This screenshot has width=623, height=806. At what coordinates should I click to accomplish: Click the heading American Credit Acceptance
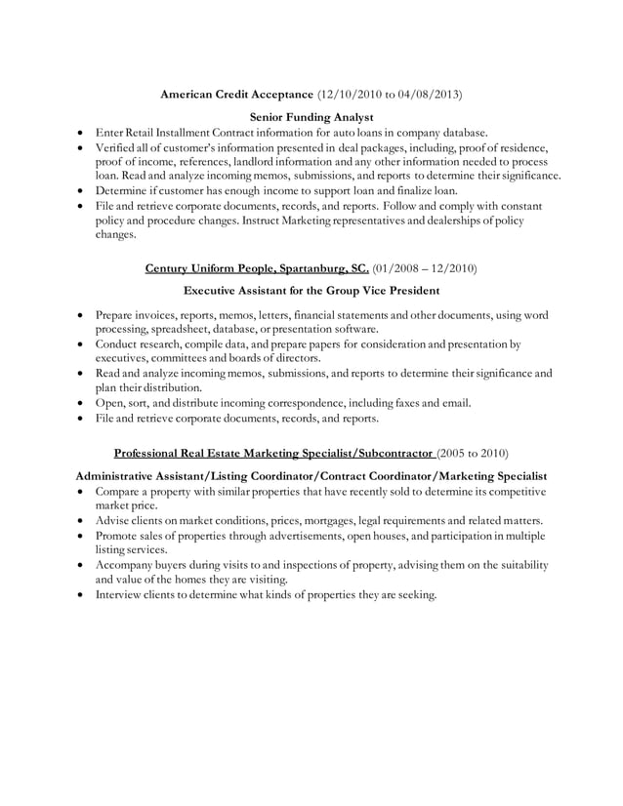pyautogui.click(x=237, y=96)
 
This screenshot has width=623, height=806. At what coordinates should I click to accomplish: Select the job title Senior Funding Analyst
pyautogui.click(x=311, y=117)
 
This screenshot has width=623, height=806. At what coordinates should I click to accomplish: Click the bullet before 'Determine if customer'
pyautogui.click(x=78, y=191)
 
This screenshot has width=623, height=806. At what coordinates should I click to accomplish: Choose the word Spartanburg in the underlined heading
pyautogui.click(x=300, y=266)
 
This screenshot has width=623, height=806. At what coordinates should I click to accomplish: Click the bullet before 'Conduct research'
pyautogui.click(x=78, y=344)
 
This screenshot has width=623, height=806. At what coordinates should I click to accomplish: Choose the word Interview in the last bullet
pyautogui.click(x=120, y=594)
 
